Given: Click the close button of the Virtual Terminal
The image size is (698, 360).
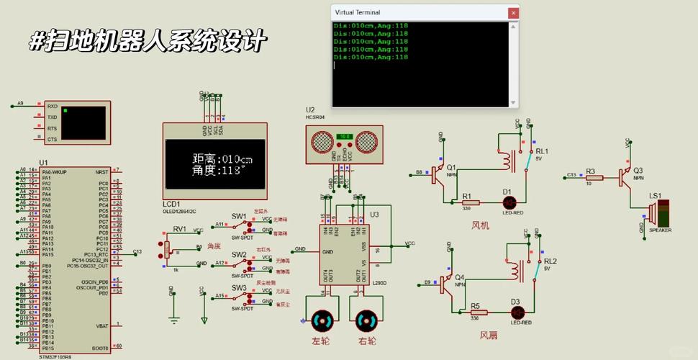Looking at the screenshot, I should (513, 12).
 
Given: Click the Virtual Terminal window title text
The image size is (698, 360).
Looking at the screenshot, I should (358, 12).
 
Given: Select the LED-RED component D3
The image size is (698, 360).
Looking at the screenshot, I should (516, 312).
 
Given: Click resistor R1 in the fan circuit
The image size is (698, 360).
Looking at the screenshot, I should (471, 202).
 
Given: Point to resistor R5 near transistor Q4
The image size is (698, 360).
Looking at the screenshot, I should (479, 312).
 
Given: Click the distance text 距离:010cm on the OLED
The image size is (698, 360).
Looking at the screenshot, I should (222, 159).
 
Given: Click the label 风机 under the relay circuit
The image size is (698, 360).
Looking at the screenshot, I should (480, 225).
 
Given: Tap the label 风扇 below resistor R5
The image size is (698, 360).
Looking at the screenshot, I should (489, 335).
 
